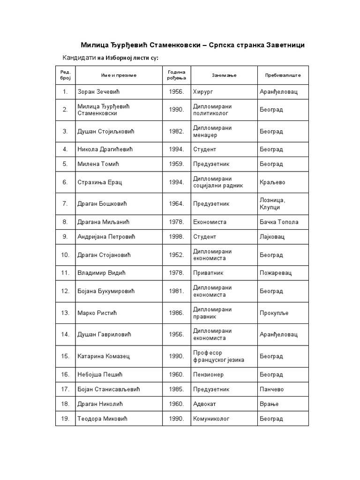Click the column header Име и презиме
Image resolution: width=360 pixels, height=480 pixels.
coord(119,75)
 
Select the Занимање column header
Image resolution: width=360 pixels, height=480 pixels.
coord(224,75)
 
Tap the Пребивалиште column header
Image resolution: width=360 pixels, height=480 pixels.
coord(283,75)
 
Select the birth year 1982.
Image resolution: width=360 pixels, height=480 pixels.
coord(177,132)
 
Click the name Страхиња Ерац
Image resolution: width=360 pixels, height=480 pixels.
coord(100,182)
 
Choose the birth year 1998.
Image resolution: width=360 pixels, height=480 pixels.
coord(177,237)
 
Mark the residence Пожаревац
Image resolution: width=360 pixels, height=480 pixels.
coord(276,272)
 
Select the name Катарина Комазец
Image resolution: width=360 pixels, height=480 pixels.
coord(104,356)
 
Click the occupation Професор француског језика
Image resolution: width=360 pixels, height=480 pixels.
coord(218,356)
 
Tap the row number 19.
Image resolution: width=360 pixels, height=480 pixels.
coord(65,419)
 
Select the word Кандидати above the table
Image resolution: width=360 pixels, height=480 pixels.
coord(79,58)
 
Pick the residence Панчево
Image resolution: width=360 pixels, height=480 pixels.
coord(272,390)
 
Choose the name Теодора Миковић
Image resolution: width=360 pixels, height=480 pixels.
coord(102,419)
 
